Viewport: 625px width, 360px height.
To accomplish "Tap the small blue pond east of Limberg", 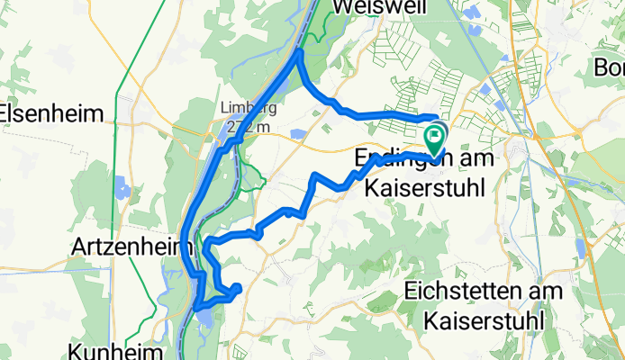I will click(298, 135).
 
